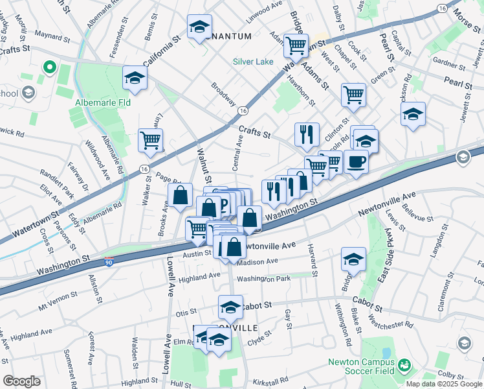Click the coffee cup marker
coord(356,161)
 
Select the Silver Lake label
coord(254,63)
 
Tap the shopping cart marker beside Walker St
coord(150,140)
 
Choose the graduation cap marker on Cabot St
coord(230,306)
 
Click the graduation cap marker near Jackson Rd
coord(413,113)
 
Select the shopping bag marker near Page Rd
coord(181,194)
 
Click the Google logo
coord(22,381)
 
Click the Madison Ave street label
coord(258,261)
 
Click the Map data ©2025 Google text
coord(445,384)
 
